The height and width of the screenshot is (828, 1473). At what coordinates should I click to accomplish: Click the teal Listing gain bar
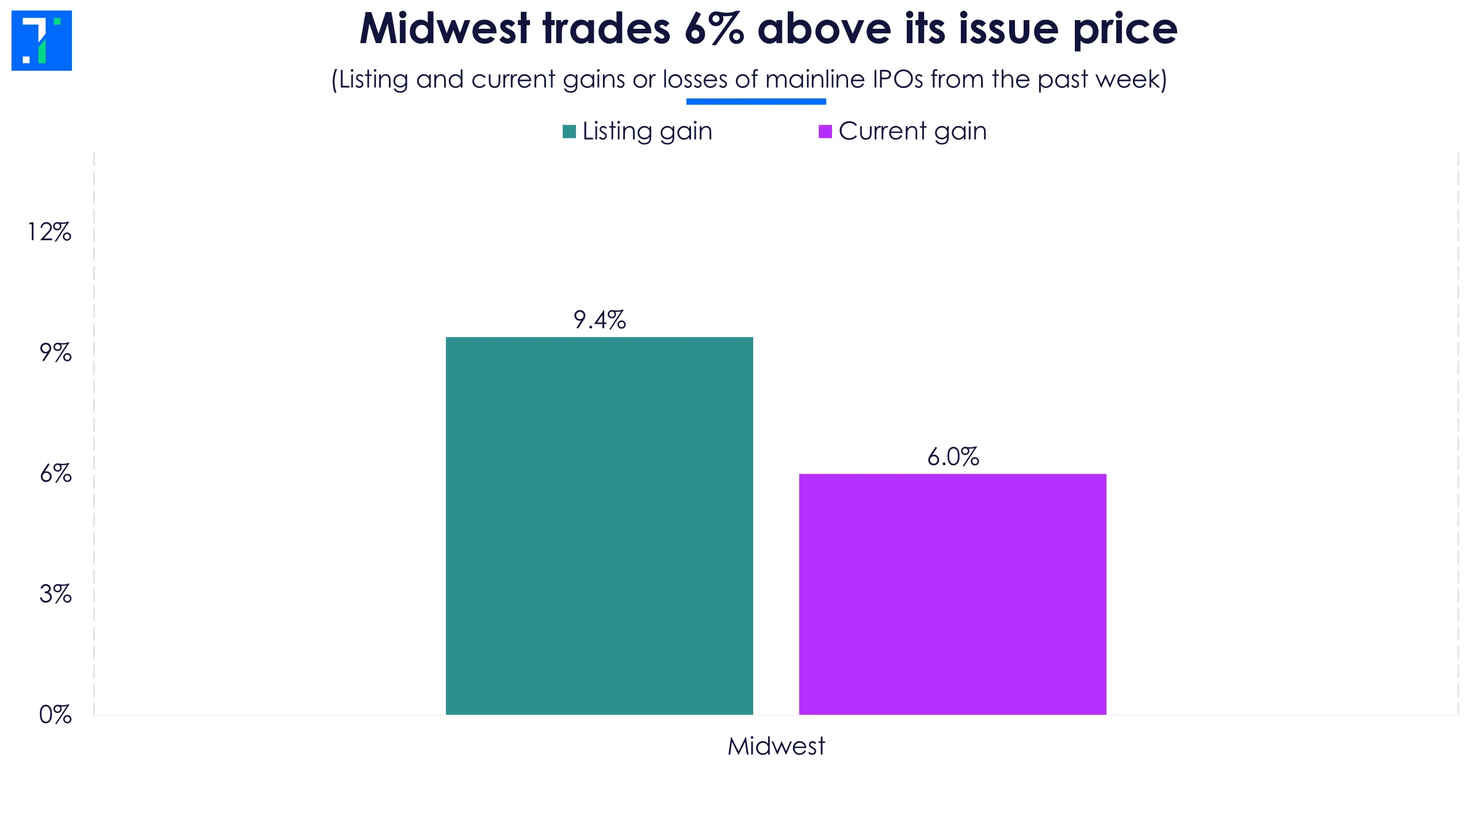pyautogui.click(x=599, y=526)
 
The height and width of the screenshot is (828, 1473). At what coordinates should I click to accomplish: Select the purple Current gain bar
pyautogui.click(x=952, y=594)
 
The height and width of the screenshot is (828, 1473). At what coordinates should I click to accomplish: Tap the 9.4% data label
pyautogui.click(x=599, y=320)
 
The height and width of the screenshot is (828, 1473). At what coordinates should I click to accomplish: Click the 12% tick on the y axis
pyautogui.click(x=49, y=232)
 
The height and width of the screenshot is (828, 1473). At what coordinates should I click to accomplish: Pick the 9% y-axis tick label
pyautogui.click(x=55, y=353)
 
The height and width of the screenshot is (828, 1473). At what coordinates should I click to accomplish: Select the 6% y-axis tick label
pyautogui.click(x=55, y=474)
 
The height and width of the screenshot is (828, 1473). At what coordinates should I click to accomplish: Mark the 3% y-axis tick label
pyautogui.click(x=55, y=594)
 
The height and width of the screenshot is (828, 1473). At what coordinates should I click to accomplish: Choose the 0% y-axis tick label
pyautogui.click(x=55, y=715)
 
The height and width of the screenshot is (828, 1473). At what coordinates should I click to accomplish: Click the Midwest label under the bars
pyautogui.click(x=776, y=746)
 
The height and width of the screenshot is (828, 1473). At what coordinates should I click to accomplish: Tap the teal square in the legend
pyautogui.click(x=569, y=132)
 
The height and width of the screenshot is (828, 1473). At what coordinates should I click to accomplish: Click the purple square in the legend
pyautogui.click(x=825, y=132)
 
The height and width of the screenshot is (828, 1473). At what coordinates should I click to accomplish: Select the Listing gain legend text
pyautogui.click(x=647, y=131)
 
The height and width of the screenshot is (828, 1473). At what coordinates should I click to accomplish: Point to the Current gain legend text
pyautogui.click(x=913, y=131)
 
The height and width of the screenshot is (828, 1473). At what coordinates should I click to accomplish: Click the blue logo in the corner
pyautogui.click(x=41, y=40)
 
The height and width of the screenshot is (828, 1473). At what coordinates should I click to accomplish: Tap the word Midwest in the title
pyautogui.click(x=444, y=29)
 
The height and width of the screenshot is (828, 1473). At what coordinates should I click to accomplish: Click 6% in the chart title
pyautogui.click(x=713, y=29)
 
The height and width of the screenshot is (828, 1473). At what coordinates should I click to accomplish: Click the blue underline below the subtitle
pyautogui.click(x=756, y=102)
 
